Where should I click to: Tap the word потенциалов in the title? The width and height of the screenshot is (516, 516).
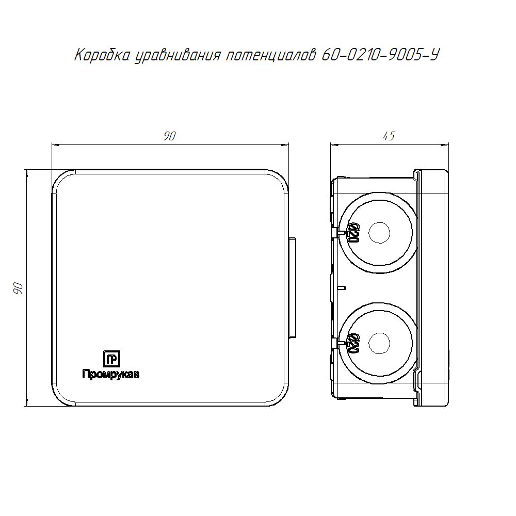tap(270, 56)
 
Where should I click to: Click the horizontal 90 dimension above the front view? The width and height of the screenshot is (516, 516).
tap(170, 136)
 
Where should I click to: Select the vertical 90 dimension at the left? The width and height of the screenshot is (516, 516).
tap(18, 288)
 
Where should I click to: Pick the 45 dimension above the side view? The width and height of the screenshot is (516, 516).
tap(389, 136)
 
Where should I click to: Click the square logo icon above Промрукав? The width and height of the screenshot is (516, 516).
tap(111, 359)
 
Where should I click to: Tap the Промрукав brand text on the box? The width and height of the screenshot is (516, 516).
tap(110, 374)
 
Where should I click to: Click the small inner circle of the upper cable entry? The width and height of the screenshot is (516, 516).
tap(379, 233)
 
